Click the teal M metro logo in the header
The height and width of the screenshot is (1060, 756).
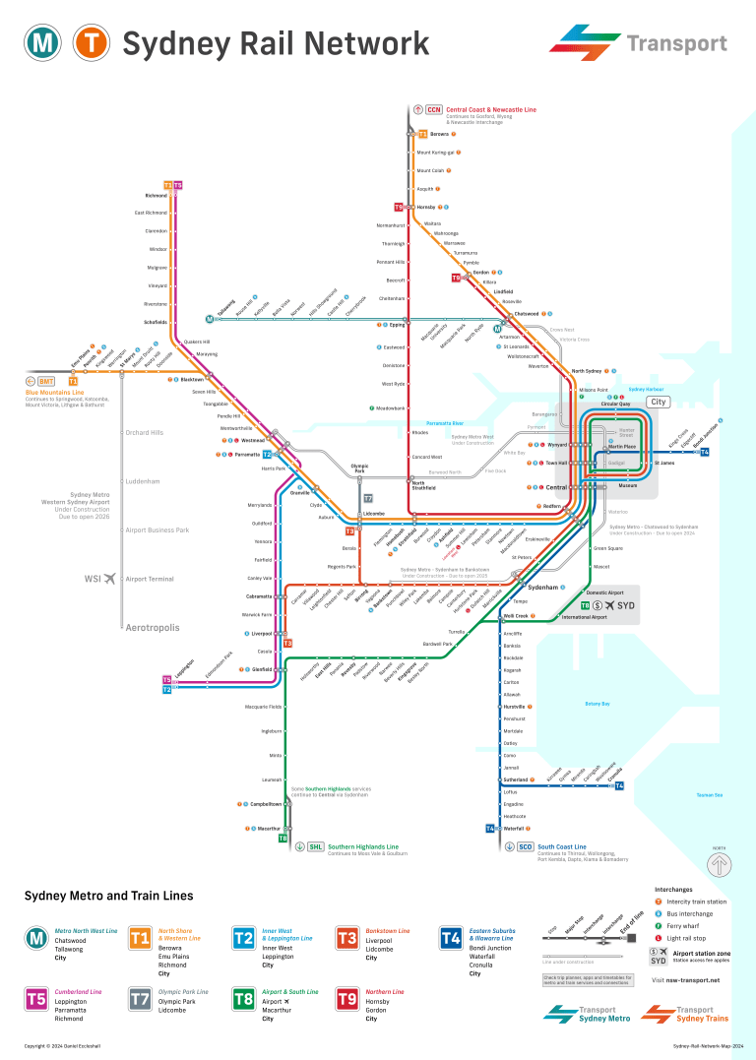(x=44, y=43)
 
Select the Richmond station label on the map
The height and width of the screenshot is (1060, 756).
(x=156, y=195)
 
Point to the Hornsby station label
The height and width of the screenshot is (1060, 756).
(x=425, y=208)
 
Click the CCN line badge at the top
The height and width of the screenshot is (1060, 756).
(x=434, y=109)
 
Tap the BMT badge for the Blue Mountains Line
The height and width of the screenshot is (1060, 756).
(x=46, y=381)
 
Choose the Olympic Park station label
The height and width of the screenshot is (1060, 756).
(x=359, y=468)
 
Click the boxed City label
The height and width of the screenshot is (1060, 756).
(x=658, y=403)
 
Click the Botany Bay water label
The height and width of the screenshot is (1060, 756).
(x=598, y=704)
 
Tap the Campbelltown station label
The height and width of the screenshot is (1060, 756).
(x=265, y=804)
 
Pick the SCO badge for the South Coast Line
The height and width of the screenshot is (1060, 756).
(x=525, y=846)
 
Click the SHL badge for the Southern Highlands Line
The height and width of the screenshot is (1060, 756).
(x=315, y=846)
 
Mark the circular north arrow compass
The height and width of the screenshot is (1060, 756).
(x=720, y=865)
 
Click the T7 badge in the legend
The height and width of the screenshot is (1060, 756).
(x=141, y=999)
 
